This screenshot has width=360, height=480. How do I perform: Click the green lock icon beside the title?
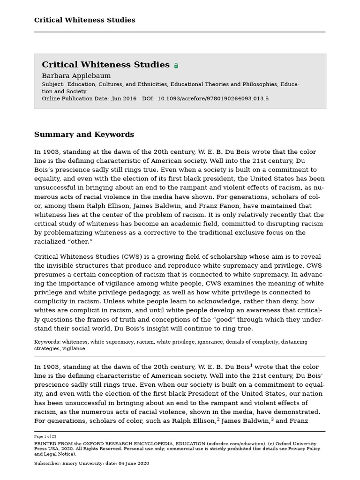click(176, 66)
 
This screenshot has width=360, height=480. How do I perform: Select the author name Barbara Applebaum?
click(76, 76)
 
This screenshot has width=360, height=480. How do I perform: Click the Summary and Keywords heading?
click(84, 135)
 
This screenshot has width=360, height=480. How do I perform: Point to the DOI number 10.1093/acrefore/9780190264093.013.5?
click(213, 99)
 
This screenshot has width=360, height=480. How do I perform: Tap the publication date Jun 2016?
click(124, 99)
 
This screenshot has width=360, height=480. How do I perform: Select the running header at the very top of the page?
click(84, 20)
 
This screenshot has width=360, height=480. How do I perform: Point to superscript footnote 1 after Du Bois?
click(251, 365)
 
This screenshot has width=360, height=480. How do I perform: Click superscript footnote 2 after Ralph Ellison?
click(218, 419)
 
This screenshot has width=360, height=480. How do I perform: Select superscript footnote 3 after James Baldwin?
click(272, 419)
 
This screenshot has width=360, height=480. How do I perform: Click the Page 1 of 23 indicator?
click(45, 436)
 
